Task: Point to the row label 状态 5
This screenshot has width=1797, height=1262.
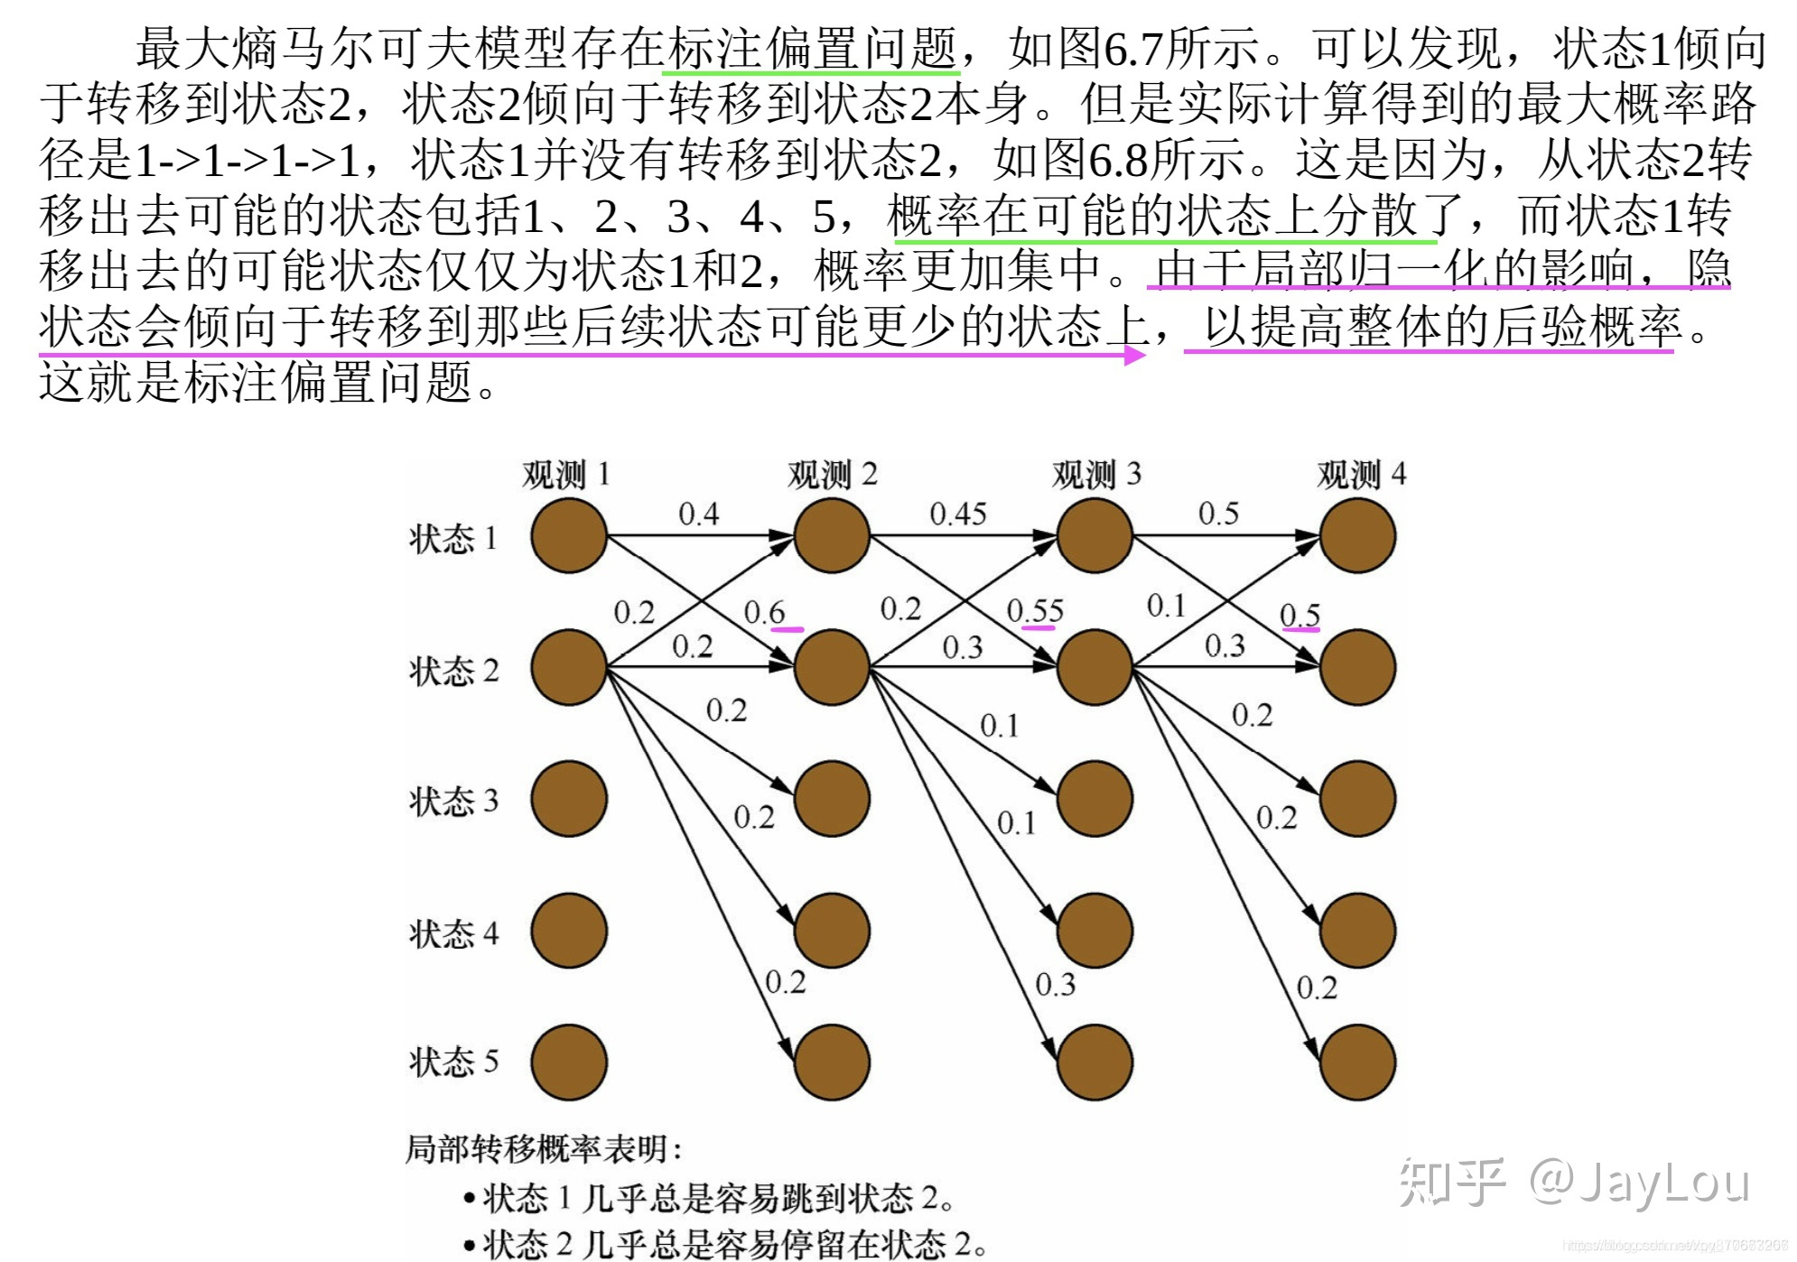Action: click(453, 1062)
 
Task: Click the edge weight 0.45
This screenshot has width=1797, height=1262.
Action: click(958, 515)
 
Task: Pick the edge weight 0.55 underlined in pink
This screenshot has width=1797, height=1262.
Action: click(1035, 611)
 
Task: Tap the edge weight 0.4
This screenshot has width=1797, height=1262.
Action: click(698, 515)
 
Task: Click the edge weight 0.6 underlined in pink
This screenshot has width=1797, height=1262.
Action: click(765, 613)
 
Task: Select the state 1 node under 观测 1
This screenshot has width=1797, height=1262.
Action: click(569, 536)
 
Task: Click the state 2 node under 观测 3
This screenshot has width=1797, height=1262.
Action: click(1094, 668)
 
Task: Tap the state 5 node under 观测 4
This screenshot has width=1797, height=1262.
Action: click(1357, 1062)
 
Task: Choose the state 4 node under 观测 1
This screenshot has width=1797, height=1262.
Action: click(569, 931)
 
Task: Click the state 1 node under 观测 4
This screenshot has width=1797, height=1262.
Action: click(1357, 536)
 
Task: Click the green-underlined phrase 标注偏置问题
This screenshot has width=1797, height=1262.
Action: click(811, 48)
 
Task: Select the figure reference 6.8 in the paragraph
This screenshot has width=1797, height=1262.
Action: click(1118, 160)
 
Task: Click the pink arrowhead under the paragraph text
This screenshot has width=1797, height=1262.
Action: click(1134, 355)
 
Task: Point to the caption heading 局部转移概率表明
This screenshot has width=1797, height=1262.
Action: click(543, 1149)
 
